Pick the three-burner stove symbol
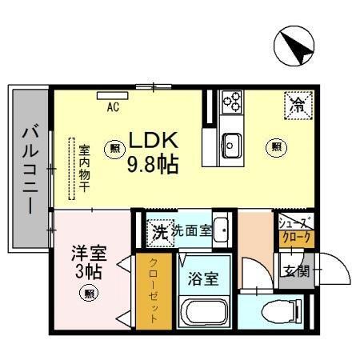(x=232, y=102)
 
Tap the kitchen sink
(x=231, y=146)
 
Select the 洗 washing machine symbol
(x=159, y=233)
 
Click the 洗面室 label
(x=191, y=230)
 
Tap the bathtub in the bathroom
(x=205, y=313)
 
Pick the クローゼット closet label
(x=154, y=289)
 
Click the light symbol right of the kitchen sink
(x=276, y=146)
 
